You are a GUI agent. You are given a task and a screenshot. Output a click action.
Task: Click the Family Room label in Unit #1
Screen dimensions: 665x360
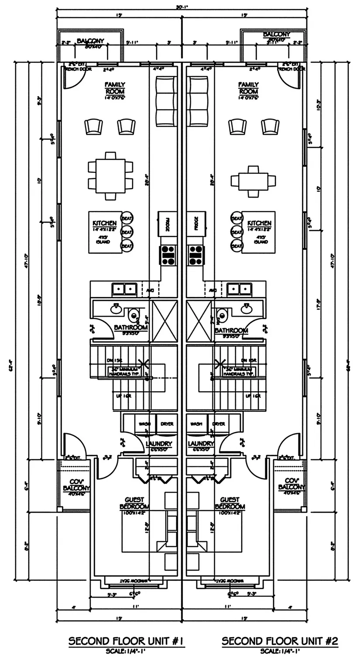tap(115, 88)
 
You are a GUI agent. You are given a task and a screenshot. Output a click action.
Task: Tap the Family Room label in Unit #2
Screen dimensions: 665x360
tap(248, 88)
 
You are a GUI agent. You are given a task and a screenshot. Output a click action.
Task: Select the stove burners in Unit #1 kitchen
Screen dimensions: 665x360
tap(168, 255)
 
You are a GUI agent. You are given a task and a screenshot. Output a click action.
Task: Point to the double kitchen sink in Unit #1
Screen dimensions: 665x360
tap(124, 289)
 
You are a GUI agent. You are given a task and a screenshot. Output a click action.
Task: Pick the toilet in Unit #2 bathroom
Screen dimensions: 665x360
tap(222, 315)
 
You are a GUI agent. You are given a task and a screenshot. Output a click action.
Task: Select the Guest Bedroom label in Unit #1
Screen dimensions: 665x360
tap(134, 503)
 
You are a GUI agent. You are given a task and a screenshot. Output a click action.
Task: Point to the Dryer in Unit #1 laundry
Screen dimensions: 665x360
tap(167, 424)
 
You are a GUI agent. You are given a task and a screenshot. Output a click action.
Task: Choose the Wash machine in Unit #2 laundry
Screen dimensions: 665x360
tap(196, 424)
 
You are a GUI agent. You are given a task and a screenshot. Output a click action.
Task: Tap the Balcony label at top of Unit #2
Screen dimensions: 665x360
tap(276, 34)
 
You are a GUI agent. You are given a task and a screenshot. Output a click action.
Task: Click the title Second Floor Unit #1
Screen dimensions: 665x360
tap(126, 641)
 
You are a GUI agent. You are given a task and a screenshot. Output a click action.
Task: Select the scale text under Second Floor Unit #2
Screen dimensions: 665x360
tap(279, 651)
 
